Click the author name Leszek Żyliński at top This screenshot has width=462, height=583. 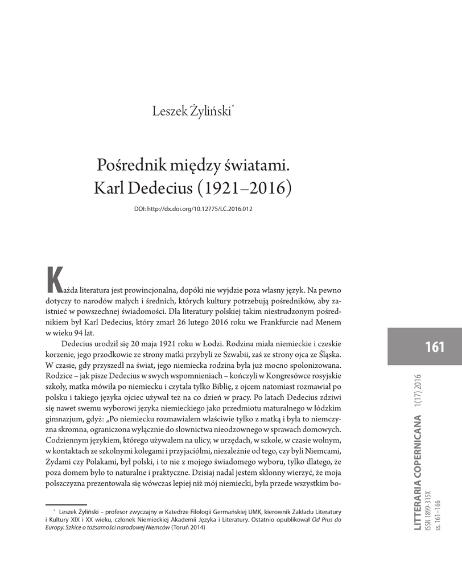[190, 110]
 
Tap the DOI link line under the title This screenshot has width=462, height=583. [193, 208]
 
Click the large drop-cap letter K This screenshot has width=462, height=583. [53, 278]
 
